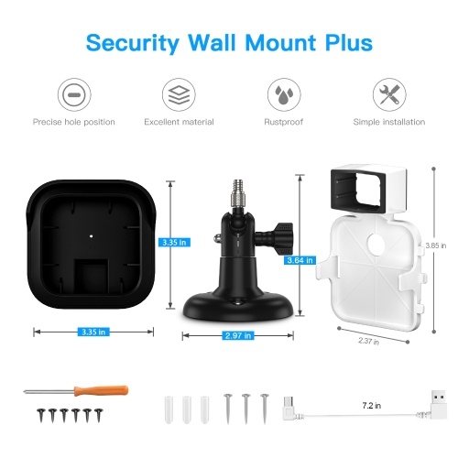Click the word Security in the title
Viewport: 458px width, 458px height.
click(x=133, y=43)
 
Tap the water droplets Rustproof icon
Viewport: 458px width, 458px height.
click(x=284, y=94)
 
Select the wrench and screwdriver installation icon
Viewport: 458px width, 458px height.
click(x=389, y=94)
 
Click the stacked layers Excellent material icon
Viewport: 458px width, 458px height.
click(x=179, y=94)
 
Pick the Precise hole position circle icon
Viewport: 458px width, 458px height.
click(x=74, y=94)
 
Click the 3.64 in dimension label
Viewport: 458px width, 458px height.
click(x=300, y=260)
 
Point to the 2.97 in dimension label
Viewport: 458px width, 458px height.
click(x=238, y=335)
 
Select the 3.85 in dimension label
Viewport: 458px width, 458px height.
click(x=436, y=245)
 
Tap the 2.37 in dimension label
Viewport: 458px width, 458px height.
click(x=369, y=341)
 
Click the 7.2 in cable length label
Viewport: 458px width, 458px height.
click(x=372, y=406)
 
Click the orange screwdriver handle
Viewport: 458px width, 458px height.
click(x=101, y=390)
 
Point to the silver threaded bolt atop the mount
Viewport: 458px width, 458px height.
click(x=238, y=193)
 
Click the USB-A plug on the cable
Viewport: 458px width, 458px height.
click(x=439, y=404)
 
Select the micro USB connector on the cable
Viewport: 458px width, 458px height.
click(x=289, y=408)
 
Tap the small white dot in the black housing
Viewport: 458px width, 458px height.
click(x=91, y=236)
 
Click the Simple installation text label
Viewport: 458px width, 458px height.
click(x=389, y=122)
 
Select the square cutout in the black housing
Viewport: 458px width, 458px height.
click(x=92, y=277)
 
